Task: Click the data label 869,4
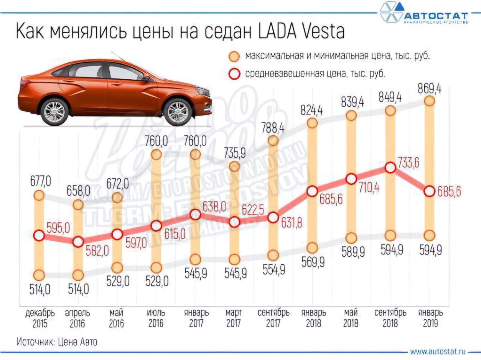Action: pyautogui.click(x=429, y=89)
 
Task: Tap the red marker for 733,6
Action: pyautogui.click(x=390, y=168)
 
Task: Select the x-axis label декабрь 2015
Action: pyautogui.click(x=40, y=318)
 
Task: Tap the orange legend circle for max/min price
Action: pyautogui.click(x=235, y=57)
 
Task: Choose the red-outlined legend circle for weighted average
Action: pyautogui.click(x=235, y=74)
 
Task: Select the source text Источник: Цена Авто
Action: pyautogui.click(x=57, y=342)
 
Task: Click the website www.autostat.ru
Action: pyautogui.click(x=438, y=352)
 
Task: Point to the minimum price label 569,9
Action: pyautogui.click(x=313, y=262)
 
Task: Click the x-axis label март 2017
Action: pyautogui.click(x=234, y=318)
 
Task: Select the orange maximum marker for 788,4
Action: pyautogui.click(x=273, y=140)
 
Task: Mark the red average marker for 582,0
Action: pyautogui.click(x=78, y=242)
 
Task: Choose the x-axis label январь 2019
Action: pyautogui.click(x=430, y=318)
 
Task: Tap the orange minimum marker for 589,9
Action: pyautogui.click(x=351, y=238)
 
